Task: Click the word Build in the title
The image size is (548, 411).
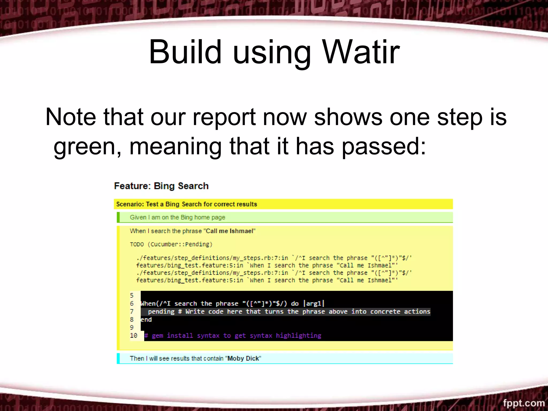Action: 185,52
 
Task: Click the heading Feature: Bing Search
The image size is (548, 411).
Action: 161,186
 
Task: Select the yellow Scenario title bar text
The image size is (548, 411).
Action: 187,204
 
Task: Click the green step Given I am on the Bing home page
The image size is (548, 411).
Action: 177,217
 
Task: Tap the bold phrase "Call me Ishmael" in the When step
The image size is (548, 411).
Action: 230,231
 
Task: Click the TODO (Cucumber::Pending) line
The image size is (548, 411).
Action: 171,244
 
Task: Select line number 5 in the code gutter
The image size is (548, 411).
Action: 132,295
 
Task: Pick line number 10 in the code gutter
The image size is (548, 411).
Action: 134,336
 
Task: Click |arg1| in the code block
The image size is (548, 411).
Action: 314,303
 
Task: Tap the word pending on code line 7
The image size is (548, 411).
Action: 161,312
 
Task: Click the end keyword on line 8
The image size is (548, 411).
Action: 146,319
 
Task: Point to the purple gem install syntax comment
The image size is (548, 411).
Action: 233,336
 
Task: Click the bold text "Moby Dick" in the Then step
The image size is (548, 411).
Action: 243,359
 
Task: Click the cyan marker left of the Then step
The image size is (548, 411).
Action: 118,359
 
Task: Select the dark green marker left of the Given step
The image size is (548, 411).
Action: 118,217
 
